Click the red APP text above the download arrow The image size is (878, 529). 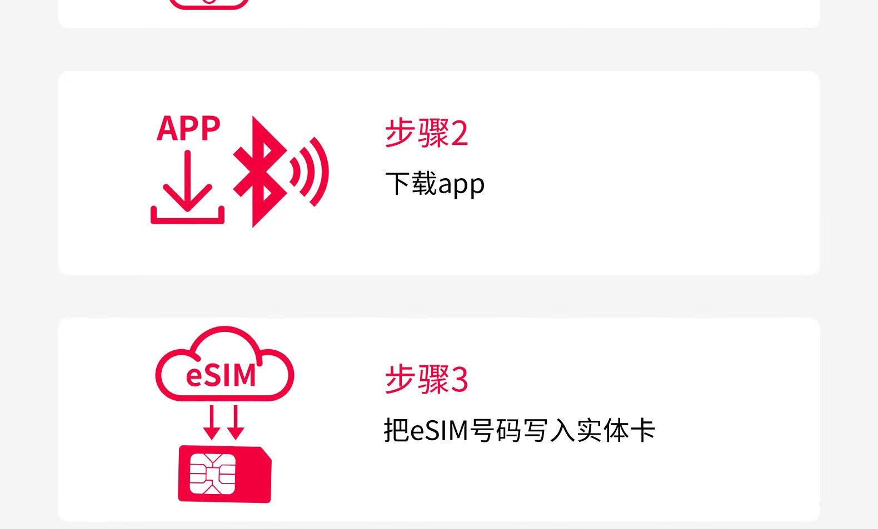pyautogui.click(x=188, y=129)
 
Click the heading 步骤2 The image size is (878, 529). pyautogui.click(x=426, y=133)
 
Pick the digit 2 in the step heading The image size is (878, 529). pyautogui.click(x=460, y=134)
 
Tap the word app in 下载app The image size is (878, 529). pyautogui.click(x=461, y=184)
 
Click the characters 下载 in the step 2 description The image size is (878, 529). pyautogui.click(x=411, y=184)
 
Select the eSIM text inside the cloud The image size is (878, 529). pyautogui.click(x=221, y=375)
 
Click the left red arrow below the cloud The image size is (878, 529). pyautogui.click(x=211, y=423)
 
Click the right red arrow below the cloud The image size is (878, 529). pyautogui.click(x=236, y=423)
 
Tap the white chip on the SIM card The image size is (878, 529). pyautogui.click(x=212, y=473)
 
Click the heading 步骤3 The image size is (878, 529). pyautogui.click(x=426, y=380)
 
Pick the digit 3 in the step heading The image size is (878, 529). pyautogui.click(x=460, y=380)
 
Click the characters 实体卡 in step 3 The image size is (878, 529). pyautogui.click(x=616, y=431)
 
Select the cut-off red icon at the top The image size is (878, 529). pyautogui.click(x=209, y=4)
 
